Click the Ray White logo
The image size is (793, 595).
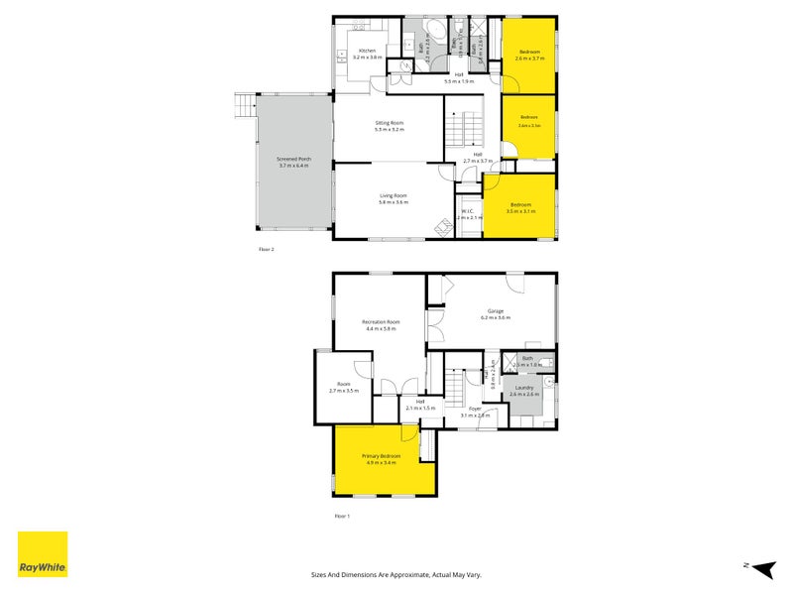pos(43,554)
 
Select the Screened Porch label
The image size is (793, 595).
pos(293,161)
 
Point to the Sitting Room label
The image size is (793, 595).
pos(389,125)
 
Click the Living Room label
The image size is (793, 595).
pos(394,197)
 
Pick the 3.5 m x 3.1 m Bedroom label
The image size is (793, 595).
pos(520,206)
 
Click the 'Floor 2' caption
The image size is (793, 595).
pos(266,249)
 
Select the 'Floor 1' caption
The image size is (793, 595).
pos(343,516)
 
